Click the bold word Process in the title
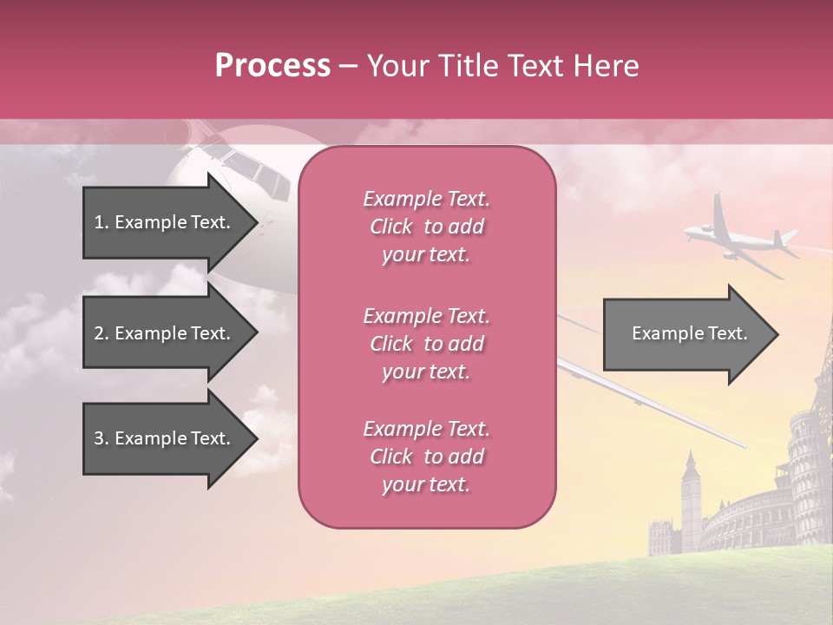(272, 66)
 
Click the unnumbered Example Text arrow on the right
(689, 333)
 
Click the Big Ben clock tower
(691, 499)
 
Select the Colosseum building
(746, 521)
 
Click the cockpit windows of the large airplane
(252, 169)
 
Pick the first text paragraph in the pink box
(426, 227)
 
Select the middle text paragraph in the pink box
(426, 344)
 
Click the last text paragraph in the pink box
(426, 457)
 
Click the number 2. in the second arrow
(102, 333)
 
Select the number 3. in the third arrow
(102, 438)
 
